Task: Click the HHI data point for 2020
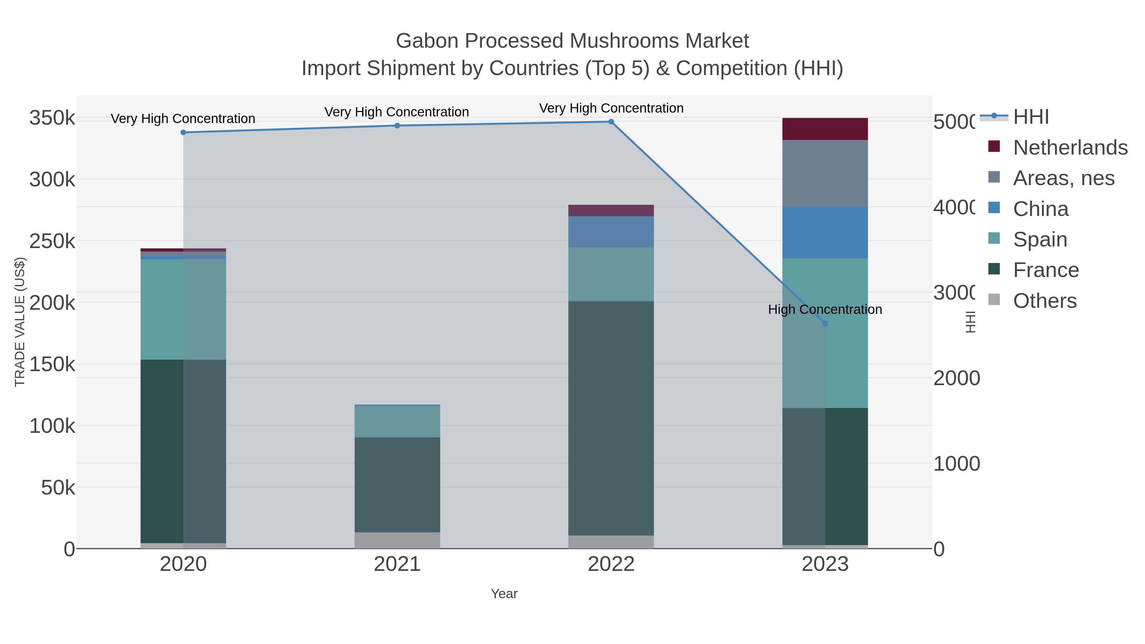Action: [183, 132]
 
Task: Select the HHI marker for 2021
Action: [397, 126]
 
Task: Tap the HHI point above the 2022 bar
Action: [611, 122]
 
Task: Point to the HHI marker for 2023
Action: [825, 323]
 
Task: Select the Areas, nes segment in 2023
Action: [825, 173]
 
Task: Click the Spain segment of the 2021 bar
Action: [397, 422]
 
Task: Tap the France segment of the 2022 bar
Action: [611, 418]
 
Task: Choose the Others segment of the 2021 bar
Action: [397, 540]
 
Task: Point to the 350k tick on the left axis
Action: [52, 119]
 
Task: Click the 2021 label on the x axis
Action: [397, 564]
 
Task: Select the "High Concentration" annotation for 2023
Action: [825, 310]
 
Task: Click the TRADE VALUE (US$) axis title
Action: [20, 322]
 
